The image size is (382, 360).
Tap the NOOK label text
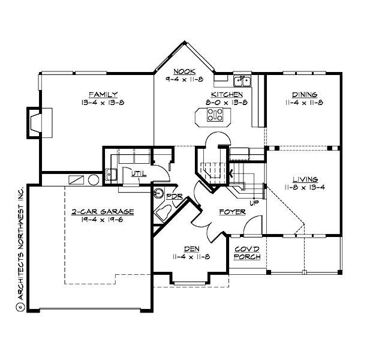tap(181, 71)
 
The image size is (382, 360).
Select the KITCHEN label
tap(227, 95)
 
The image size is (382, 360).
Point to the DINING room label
tap(305, 95)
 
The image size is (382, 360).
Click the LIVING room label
tap(305, 179)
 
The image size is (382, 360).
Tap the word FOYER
tap(231, 212)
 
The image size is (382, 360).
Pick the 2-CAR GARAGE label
tap(103, 212)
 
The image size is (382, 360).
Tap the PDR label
tap(174, 196)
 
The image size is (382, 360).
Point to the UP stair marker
tap(254, 203)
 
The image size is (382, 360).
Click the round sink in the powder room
tap(159, 193)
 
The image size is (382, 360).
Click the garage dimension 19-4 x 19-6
tap(103, 220)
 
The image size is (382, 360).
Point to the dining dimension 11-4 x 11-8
tap(305, 103)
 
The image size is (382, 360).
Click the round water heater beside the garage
tap(94, 179)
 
